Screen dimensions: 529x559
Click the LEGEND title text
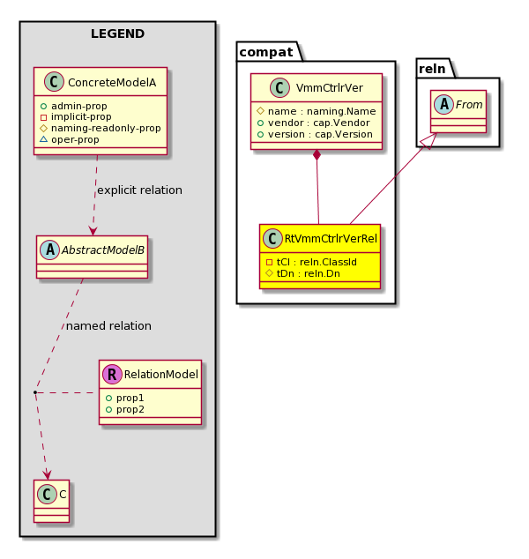click(117, 34)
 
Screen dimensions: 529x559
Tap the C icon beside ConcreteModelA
click(54, 82)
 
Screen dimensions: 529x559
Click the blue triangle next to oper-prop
click(43, 139)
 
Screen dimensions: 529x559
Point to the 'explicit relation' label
click(139, 190)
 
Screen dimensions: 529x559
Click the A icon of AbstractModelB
click(50, 250)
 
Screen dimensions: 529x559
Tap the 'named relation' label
click(108, 326)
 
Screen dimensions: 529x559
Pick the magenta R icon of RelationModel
click(112, 374)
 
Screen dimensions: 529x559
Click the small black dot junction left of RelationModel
click(35, 392)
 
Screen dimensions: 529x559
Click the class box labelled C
click(52, 501)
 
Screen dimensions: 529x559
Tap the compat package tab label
click(266, 52)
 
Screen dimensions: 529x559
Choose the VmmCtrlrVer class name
click(330, 87)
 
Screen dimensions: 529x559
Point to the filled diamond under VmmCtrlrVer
click(317, 156)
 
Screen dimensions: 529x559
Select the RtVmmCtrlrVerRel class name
click(331, 239)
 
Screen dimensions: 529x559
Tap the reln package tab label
click(432, 69)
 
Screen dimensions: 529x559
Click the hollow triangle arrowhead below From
click(430, 140)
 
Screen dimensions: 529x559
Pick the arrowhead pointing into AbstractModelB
click(93, 231)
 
